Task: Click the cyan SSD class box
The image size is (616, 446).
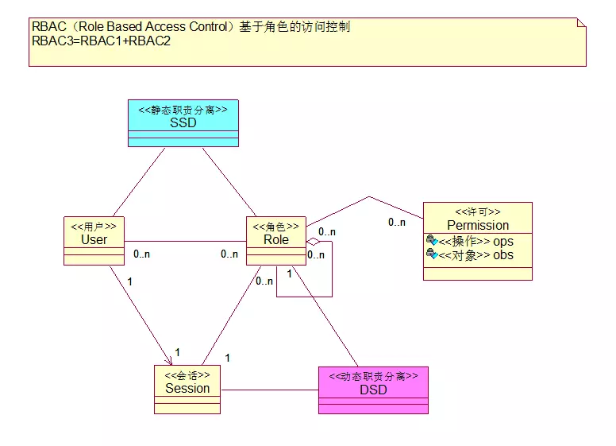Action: pos(183,123)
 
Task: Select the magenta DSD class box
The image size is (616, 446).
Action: pos(373,390)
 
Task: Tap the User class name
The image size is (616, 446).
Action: pos(94,239)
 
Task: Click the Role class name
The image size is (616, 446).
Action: pos(276,239)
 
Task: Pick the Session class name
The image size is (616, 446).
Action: pos(187,389)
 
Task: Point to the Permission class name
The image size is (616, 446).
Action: pos(477,225)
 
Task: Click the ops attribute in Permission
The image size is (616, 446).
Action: pos(503,241)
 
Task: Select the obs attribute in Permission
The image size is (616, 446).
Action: pos(503,255)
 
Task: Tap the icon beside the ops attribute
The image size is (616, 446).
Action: pos(432,240)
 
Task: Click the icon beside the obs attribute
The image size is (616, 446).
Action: pos(432,254)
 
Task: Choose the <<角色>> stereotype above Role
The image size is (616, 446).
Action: pos(276,227)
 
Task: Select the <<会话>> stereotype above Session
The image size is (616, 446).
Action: pos(187,375)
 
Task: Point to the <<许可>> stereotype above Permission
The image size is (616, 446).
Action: pos(477,212)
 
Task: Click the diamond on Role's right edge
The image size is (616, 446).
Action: pos(314,241)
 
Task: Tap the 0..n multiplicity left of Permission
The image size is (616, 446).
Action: pos(397,223)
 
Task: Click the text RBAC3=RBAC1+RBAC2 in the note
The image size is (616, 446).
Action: pos(102,41)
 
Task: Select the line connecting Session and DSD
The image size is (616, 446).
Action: pos(270,390)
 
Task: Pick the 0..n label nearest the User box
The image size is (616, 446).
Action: pos(142,254)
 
